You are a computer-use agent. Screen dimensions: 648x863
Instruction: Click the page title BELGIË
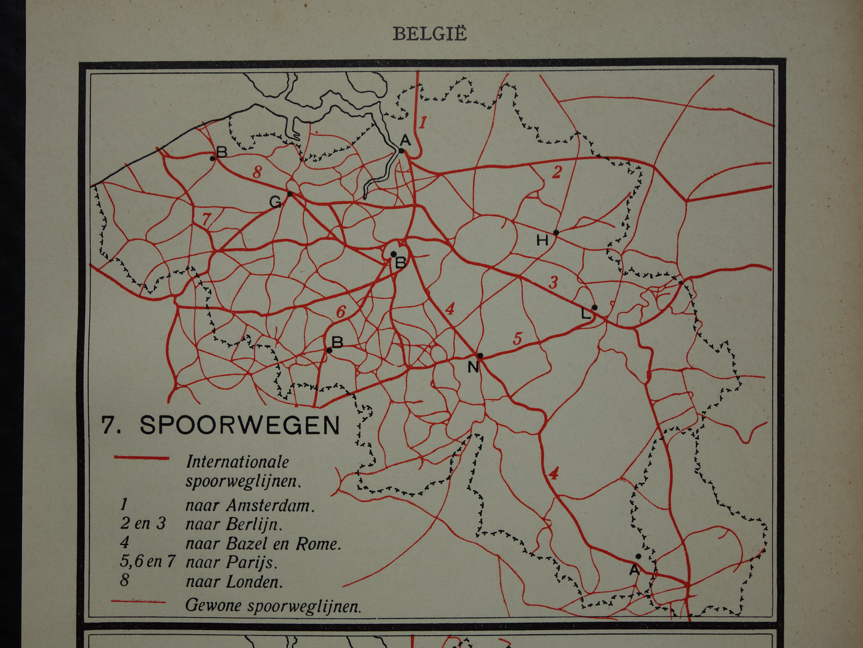429,34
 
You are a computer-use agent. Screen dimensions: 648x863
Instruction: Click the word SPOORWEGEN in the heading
239,425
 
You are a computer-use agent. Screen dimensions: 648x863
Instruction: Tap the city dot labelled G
290,194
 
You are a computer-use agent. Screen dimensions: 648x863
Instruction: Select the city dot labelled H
556,233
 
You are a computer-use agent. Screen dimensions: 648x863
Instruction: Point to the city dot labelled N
480,355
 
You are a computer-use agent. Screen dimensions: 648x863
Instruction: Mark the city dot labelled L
594,307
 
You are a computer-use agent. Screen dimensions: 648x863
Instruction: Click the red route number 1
423,123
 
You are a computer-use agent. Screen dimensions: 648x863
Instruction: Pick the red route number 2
557,172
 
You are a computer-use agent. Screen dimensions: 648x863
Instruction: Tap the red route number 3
554,282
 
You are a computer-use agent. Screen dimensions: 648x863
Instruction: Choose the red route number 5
517,339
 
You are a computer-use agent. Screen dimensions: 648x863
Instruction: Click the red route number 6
340,311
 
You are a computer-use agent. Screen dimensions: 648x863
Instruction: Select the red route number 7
206,219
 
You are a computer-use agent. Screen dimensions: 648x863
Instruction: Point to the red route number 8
257,172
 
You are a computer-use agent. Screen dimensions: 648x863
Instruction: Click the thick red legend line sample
142,459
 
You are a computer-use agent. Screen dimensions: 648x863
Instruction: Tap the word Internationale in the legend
238,461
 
